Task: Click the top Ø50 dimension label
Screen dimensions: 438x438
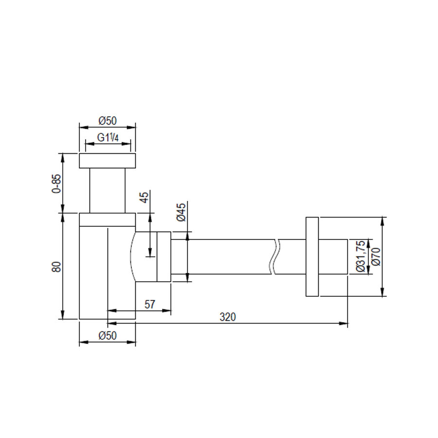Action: (x=108, y=121)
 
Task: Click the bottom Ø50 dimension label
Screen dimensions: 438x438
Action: (x=108, y=335)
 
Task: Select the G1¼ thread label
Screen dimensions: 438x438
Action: (x=108, y=137)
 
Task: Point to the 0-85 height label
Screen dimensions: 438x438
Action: (x=56, y=184)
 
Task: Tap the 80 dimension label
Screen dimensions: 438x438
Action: (x=56, y=267)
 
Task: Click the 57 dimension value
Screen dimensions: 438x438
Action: (x=150, y=304)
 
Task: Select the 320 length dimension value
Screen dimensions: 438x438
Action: (x=228, y=317)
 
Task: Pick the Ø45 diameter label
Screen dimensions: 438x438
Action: (x=182, y=212)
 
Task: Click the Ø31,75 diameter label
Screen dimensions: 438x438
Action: (x=361, y=256)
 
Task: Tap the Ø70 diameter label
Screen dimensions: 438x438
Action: (x=376, y=256)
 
